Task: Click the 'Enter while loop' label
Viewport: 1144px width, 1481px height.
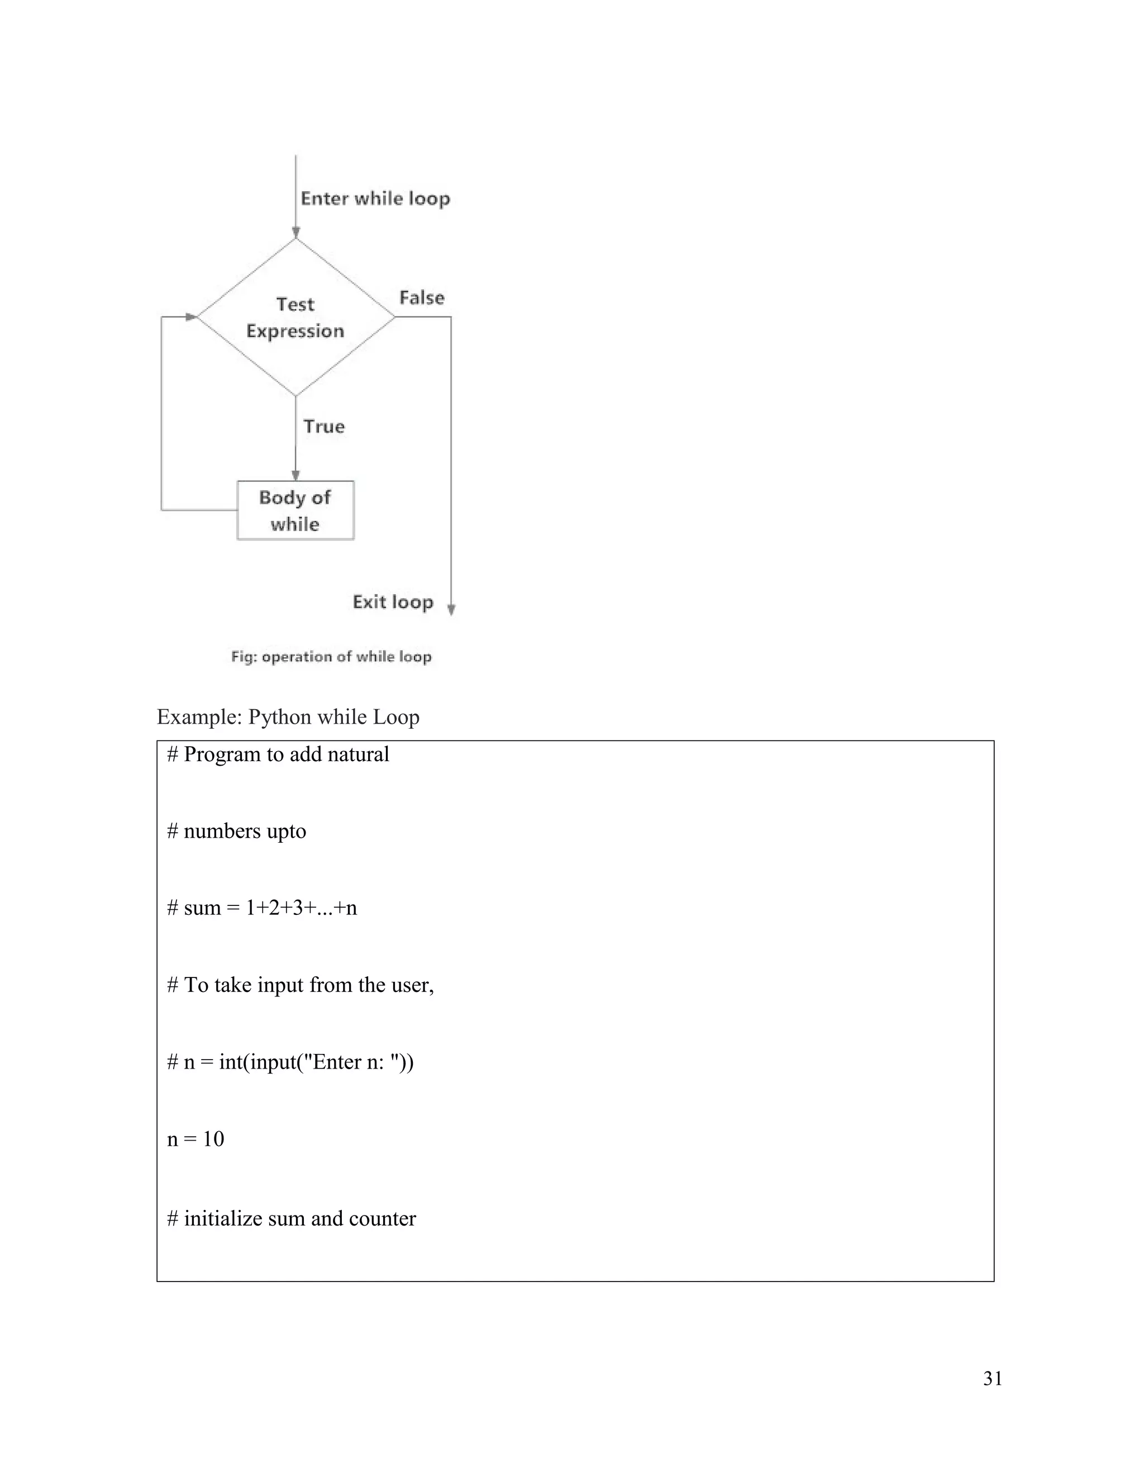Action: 375,199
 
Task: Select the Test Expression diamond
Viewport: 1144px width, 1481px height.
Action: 295,317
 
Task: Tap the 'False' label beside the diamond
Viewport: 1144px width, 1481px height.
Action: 422,298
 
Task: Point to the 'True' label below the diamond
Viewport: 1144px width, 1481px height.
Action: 324,426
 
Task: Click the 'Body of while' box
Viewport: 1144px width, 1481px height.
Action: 295,511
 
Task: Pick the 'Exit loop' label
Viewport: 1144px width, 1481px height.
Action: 392,602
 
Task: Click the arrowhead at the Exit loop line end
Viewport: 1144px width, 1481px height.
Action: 451,610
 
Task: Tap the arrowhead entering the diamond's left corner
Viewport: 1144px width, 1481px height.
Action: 190,317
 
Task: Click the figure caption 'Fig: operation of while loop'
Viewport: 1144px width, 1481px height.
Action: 331,657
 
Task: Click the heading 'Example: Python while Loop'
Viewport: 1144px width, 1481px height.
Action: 288,717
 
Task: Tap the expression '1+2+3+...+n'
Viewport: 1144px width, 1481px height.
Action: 301,908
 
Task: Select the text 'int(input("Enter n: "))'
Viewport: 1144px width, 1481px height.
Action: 316,1062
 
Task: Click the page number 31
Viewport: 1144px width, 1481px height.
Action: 992,1379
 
